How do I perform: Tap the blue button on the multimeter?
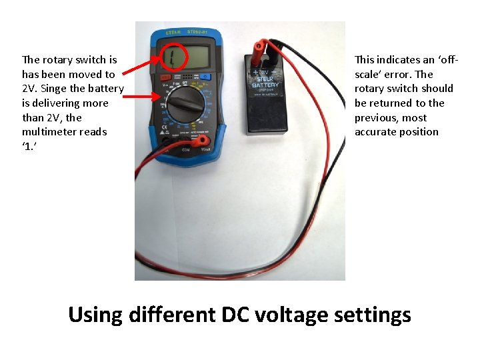(x=206, y=77)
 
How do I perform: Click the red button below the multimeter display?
(x=167, y=77)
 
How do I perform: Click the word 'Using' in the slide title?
(x=95, y=314)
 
